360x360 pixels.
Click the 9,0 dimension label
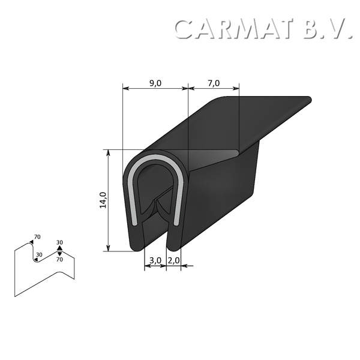155,83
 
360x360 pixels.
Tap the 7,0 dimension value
214,83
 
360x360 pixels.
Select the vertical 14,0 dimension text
103,200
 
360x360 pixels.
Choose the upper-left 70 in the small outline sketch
37,237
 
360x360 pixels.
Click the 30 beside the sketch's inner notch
39,254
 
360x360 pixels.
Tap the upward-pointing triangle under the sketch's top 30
59,248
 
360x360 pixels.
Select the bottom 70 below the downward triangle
59,260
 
